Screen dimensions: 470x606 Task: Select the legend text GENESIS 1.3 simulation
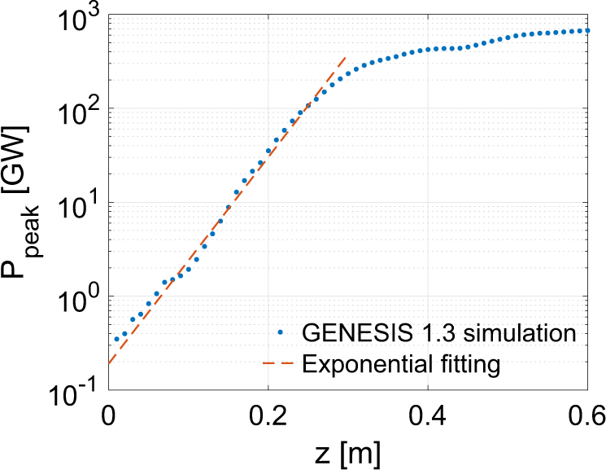pyautogui.click(x=438, y=332)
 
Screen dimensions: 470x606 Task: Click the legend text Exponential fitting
pyautogui.click(x=399, y=363)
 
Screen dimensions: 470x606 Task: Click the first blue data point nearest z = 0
pyautogui.click(x=116, y=339)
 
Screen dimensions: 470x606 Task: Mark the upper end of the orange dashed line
pyautogui.click(x=347, y=57)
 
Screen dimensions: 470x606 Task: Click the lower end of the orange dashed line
pyautogui.click(x=108, y=363)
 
